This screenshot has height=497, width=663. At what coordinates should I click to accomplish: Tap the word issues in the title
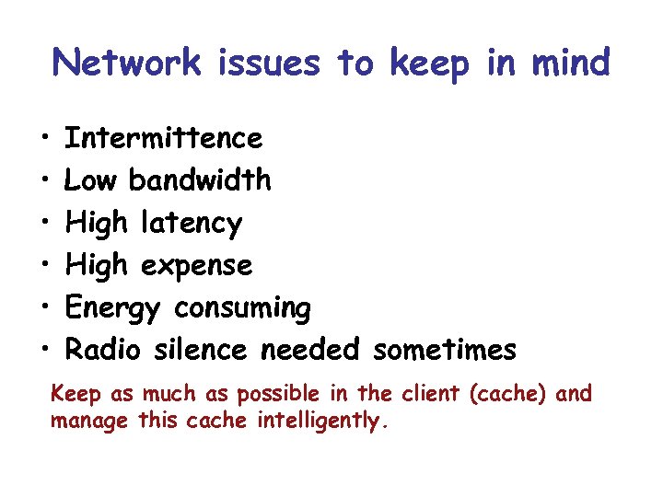(270, 63)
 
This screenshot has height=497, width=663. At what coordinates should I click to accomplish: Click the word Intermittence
(164, 138)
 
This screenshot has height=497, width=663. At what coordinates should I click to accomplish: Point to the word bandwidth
(200, 180)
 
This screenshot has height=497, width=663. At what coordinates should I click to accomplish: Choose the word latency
(192, 224)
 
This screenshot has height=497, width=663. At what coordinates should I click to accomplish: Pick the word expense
(195, 266)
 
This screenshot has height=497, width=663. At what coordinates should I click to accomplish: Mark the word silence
(201, 351)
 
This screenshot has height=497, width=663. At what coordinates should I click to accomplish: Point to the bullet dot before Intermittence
(44, 139)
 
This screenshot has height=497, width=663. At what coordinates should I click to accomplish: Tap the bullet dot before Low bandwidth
(44, 181)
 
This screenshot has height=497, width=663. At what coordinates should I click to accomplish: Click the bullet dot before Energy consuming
(44, 308)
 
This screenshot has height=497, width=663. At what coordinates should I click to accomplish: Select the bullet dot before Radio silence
(44, 351)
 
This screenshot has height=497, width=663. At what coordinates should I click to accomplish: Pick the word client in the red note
(432, 395)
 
